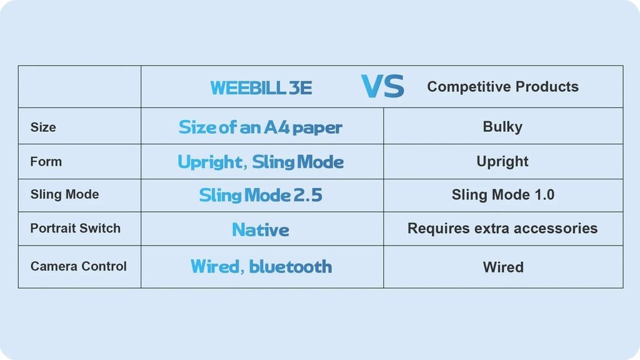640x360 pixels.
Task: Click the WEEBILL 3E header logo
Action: (261, 87)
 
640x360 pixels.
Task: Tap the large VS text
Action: (383, 86)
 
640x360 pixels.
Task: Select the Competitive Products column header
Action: (503, 86)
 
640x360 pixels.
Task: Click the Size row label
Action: (43, 127)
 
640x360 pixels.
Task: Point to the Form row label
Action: (46, 162)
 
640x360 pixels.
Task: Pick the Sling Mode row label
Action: (64, 194)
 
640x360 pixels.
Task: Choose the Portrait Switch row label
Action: (76, 228)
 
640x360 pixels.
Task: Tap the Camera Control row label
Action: (78, 266)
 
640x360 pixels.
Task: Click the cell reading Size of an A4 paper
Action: (261, 127)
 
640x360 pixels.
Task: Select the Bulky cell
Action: (502, 127)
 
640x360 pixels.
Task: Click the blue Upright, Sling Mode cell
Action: (261, 162)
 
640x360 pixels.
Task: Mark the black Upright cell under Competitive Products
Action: (502, 162)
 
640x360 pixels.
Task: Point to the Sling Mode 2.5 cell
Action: (261, 195)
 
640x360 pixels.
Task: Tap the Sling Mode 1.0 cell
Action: (503, 195)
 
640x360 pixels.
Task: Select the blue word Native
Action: (261, 230)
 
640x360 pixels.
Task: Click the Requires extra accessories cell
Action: (502, 228)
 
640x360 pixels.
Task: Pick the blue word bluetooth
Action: (290, 266)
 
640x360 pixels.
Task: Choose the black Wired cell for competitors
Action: (503, 267)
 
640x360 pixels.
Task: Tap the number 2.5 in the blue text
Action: (307, 195)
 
